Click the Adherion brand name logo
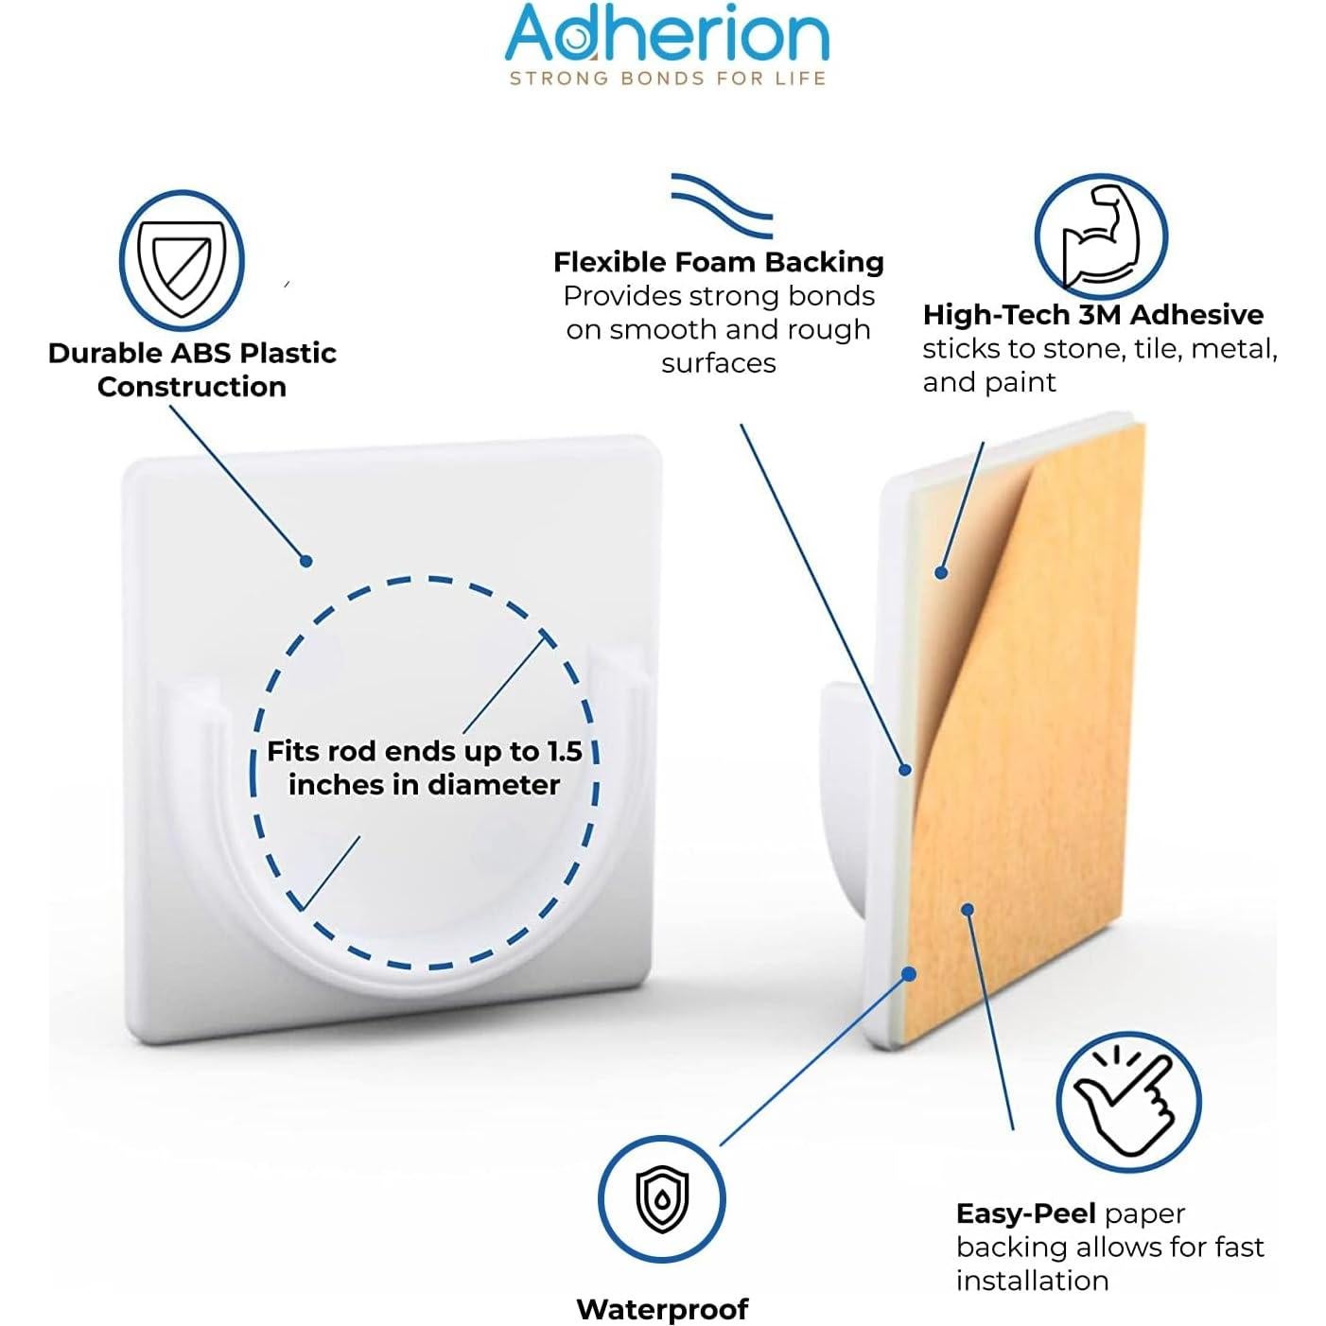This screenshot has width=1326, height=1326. coord(667,35)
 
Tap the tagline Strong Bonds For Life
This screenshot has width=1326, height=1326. coord(667,79)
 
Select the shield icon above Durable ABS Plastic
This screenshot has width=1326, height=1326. coord(182,260)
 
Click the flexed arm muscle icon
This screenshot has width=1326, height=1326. coord(1101,236)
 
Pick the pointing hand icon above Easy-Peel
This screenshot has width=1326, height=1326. coord(1128,1103)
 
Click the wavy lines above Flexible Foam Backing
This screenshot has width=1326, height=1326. coord(722,204)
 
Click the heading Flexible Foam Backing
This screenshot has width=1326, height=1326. coord(719,262)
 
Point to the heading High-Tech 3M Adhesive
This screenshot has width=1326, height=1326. coord(1092,315)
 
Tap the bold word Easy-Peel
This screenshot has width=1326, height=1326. coord(1025,1213)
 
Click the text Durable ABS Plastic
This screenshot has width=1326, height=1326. coord(192,353)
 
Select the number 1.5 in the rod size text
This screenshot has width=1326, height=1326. coord(565,751)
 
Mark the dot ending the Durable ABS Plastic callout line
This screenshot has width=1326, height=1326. coord(305,561)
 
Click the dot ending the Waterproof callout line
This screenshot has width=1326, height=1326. coord(909,973)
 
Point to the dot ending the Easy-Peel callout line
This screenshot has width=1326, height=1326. coord(967,910)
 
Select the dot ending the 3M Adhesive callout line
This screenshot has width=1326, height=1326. coord(941,572)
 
